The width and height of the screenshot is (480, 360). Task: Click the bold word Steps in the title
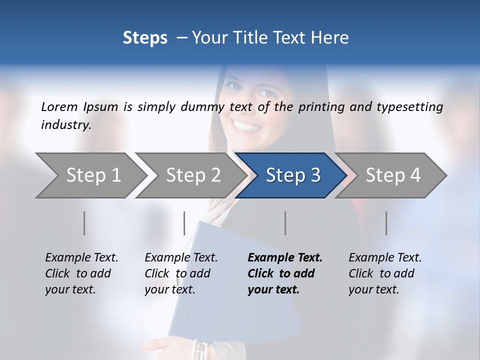(x=145, y=38)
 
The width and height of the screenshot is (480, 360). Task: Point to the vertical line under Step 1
(x=84, y=223)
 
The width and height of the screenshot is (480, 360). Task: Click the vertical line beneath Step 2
(x=184, y=223)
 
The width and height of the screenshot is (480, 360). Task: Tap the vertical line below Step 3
(x=285, y=223)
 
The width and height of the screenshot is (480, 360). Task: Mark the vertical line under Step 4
(x=386, y=223)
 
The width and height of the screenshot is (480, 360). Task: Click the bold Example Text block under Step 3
(x=285, y=273)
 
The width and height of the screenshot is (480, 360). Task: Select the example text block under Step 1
(x=81, y=273)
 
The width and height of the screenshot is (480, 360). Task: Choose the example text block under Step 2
(x=181, y=273)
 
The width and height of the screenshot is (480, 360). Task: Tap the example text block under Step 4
(x=385, y=273)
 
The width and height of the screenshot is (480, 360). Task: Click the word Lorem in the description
(x=59, y=106)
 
